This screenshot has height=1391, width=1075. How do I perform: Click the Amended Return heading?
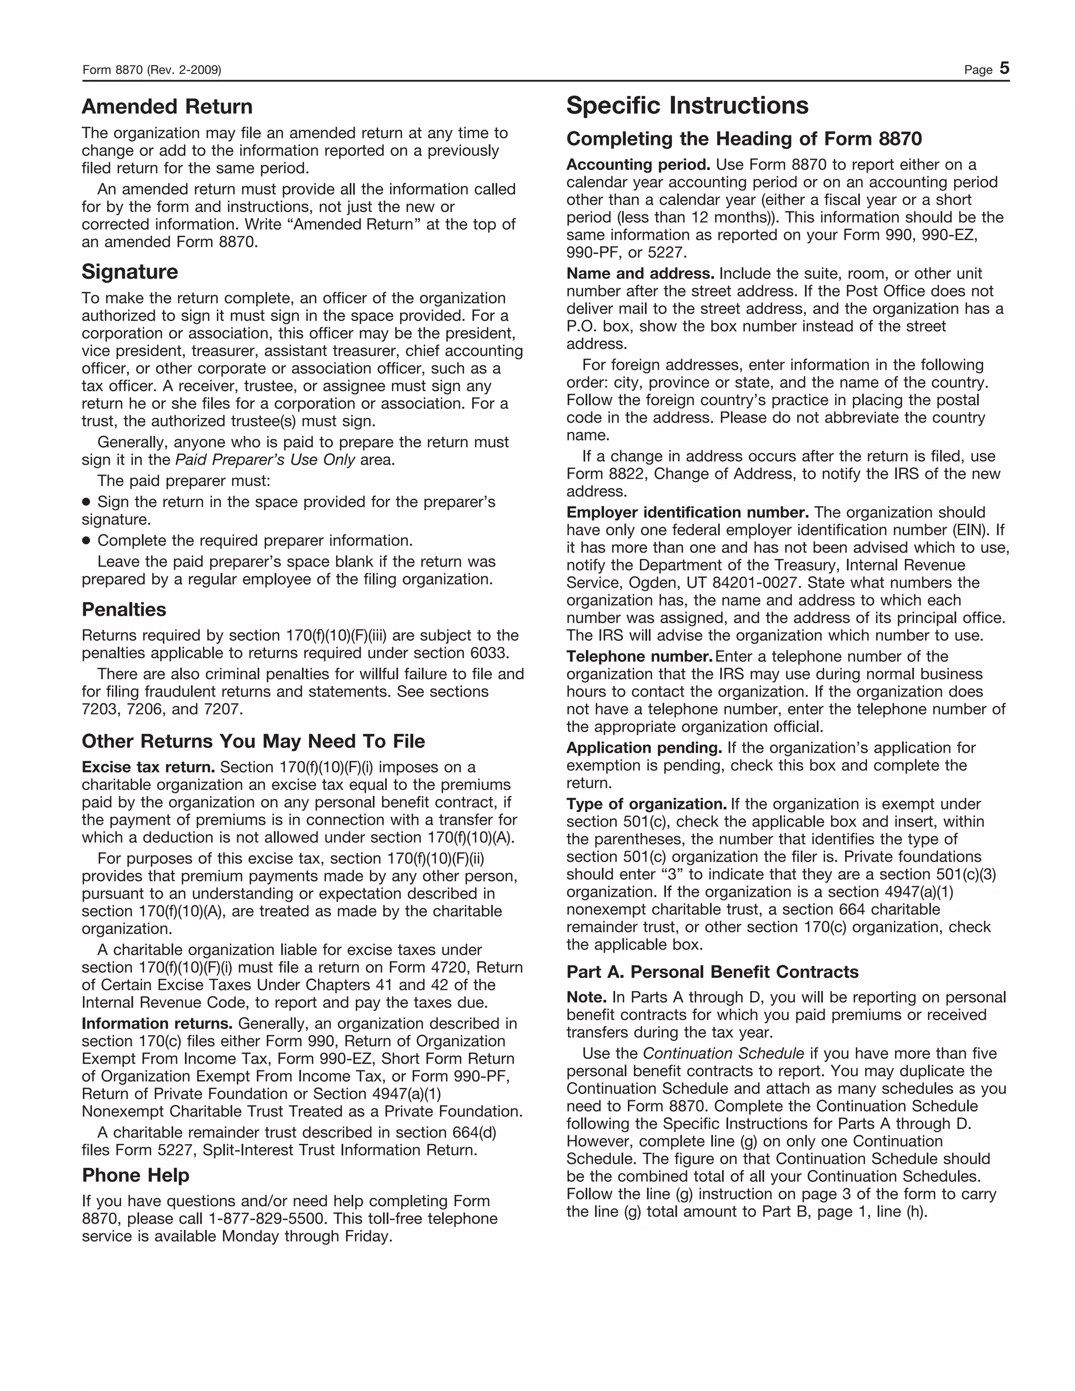coord(167,107)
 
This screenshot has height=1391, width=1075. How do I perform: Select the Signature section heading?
coord(130,272)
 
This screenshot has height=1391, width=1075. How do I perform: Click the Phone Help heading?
coord(135,1175)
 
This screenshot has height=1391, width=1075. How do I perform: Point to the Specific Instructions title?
coord(687,106)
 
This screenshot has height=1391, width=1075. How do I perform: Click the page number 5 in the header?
coord(1004,69)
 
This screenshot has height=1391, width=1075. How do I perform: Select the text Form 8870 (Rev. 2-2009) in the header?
coord(152,70)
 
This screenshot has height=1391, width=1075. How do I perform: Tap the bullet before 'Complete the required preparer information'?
coord(87,541)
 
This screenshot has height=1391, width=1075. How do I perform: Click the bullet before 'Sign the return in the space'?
coord(87,502)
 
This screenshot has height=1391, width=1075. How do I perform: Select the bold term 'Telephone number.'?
coord(639,657)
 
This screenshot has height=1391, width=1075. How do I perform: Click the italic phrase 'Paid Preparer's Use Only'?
coord(265,460)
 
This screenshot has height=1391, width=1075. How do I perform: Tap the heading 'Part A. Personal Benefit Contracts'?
coord(712,973)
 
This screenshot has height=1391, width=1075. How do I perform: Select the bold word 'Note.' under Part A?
coord(586,998)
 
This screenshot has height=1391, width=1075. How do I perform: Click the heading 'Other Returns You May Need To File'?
coord(253,741)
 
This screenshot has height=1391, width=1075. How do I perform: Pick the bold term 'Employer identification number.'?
coord(688,513)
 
